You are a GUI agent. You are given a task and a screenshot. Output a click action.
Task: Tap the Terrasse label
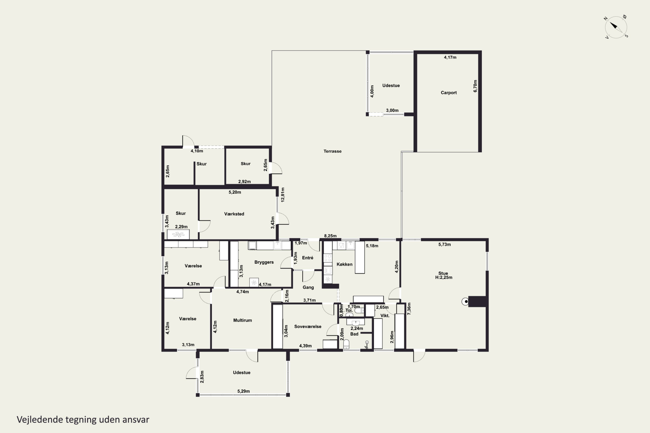(x=332, y=151)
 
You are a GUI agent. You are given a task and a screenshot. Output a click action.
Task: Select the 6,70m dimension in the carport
(x=475, y=86)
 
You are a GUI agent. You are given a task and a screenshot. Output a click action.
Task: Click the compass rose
(x=616, y=27)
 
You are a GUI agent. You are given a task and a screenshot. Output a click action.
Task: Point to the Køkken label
(x=344, y=264)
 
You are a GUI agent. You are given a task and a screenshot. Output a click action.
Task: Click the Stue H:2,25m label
(x=444, y=275)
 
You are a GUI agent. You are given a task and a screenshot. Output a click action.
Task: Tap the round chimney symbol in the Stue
(x=465, y=301)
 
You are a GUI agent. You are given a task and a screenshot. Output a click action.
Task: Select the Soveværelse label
(x=308, y=326)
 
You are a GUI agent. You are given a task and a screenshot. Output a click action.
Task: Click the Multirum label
(x=242, y=320)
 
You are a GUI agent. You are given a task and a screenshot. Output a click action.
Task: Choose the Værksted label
(x=234, y=214)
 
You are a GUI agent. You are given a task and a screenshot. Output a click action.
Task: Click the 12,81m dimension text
(x=283, y=195)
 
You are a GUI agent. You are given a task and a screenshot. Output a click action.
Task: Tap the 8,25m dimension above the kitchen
(x=330, y=236)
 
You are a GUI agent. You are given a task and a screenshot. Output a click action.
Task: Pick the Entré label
(x=308, y=258)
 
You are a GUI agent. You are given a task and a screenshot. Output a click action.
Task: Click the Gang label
(x=308, y=288)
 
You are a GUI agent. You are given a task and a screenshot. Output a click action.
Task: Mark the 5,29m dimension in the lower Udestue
(x=244, y=391)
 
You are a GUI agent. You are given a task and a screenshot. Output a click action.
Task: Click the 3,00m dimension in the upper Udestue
(x=392, y=110)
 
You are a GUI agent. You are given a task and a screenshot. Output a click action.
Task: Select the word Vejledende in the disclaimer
(x=40, y=420)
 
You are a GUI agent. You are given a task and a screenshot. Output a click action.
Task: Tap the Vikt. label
(x=385, y=315)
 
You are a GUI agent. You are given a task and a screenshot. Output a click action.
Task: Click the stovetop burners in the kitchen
(x=328, y=258)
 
